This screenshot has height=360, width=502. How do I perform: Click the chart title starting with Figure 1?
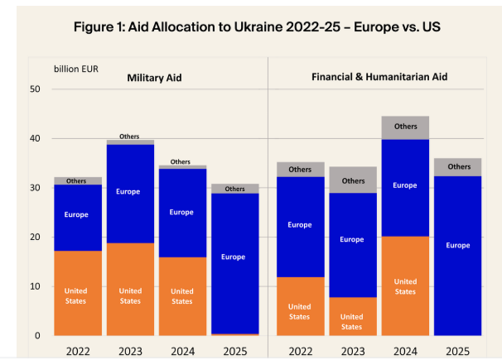256,26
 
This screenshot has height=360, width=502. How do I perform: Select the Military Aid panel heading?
154,78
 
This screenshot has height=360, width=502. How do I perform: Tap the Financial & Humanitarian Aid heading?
379,76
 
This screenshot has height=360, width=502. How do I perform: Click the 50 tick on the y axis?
35,89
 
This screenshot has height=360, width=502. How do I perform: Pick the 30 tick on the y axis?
35,188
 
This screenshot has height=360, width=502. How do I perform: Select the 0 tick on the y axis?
37,336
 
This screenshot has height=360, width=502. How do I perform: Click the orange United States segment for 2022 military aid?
77,294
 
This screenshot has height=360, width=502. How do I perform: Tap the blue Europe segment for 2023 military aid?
129,192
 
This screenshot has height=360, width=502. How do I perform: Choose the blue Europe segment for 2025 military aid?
234,257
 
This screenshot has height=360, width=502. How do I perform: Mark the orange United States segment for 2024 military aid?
182,296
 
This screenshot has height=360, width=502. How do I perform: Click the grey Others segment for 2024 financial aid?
405,127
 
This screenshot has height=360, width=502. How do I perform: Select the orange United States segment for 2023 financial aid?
352,316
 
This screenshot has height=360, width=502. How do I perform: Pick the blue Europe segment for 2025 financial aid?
458,246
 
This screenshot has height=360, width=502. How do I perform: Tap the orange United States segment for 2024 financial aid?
405,286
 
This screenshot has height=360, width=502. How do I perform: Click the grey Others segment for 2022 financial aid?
300,170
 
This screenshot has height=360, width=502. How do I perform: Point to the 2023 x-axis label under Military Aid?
129,350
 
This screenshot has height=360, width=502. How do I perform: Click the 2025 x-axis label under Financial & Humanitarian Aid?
458,350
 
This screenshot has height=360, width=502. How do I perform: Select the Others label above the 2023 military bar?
129,137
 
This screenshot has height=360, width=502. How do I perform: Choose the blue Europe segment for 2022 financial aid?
300,225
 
